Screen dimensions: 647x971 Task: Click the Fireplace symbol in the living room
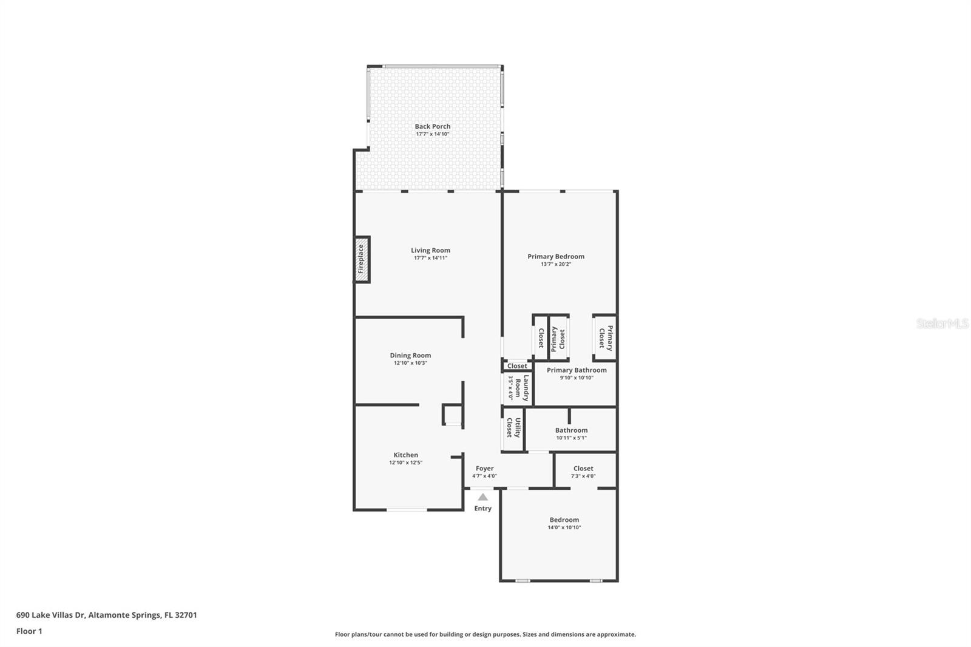(361, 259)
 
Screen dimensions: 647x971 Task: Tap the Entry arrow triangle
(482, 496)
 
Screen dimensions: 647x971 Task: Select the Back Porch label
(433, 126)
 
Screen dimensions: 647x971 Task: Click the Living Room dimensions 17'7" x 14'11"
(430, 258)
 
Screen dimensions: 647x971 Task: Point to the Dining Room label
(410, 356)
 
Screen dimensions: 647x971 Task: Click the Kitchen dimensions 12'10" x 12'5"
(405, 462)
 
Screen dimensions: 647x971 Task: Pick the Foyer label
(484, 469)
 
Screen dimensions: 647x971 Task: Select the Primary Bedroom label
(555, 257)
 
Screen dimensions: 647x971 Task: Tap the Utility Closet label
(513, 427)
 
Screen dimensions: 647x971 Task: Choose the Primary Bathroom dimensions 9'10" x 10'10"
(576, 378)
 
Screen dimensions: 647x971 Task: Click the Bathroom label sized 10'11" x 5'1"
(571, 430)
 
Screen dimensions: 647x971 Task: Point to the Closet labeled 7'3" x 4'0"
(583, 469)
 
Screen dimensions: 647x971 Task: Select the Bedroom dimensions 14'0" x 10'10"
(564, 527)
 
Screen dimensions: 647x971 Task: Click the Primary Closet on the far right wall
(606, 337)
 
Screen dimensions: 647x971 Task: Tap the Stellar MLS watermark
(942, 323)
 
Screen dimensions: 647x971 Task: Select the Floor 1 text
(29, 631)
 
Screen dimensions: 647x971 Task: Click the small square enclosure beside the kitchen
(452, 415)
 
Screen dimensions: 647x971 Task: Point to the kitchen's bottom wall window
(407, 510)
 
